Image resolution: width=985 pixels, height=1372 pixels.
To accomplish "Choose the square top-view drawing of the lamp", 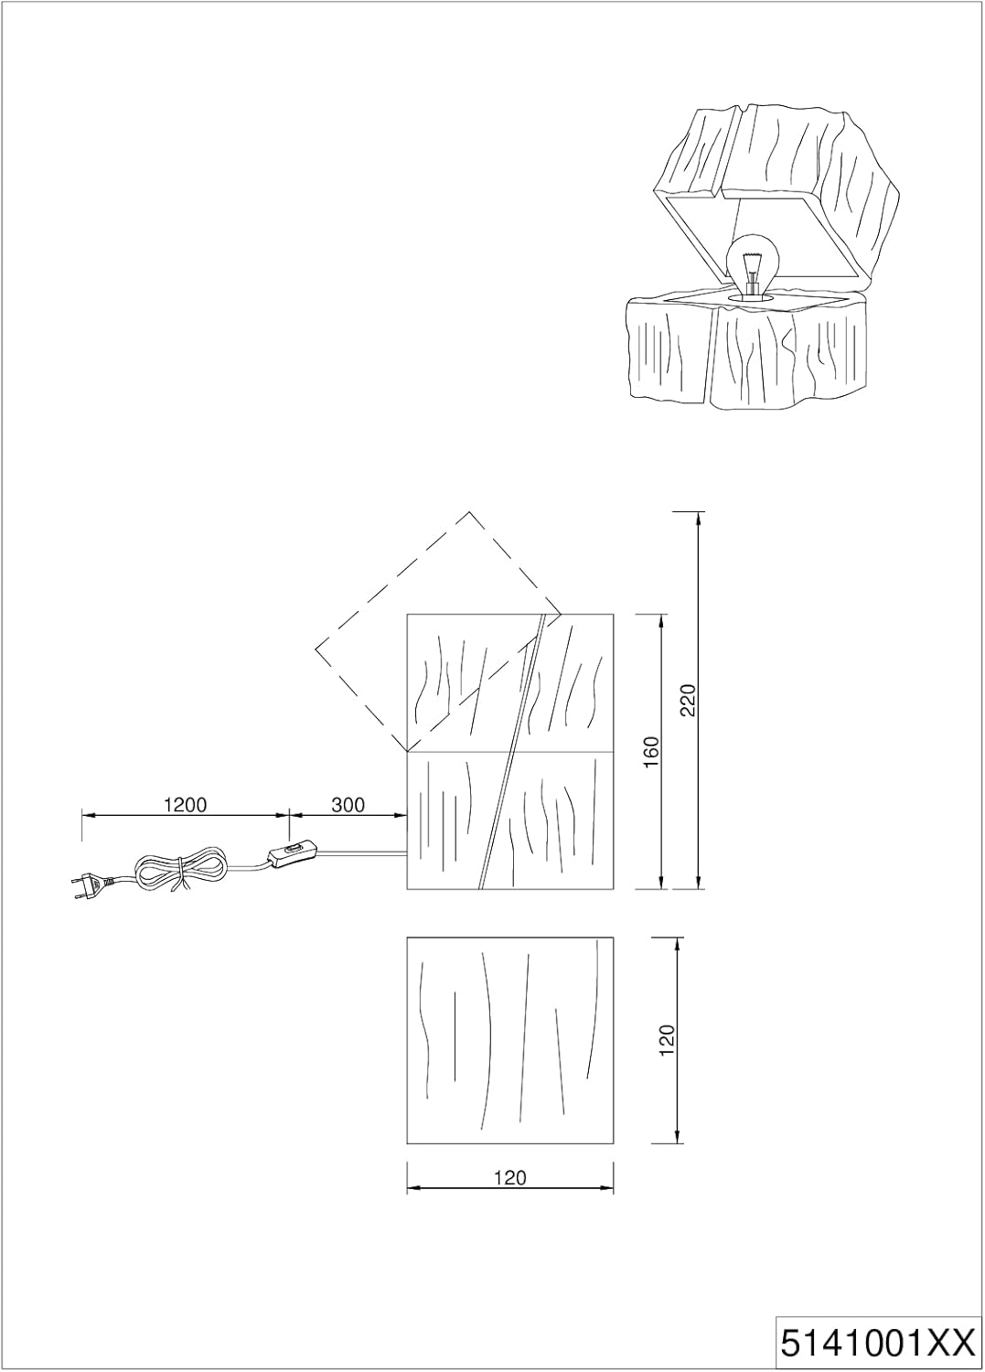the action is (x=510, y=1039).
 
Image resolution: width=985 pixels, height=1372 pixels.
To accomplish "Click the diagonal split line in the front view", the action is (x=511, y=751).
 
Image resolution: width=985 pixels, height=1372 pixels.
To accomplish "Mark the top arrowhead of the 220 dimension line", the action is (x=698, y=519).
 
